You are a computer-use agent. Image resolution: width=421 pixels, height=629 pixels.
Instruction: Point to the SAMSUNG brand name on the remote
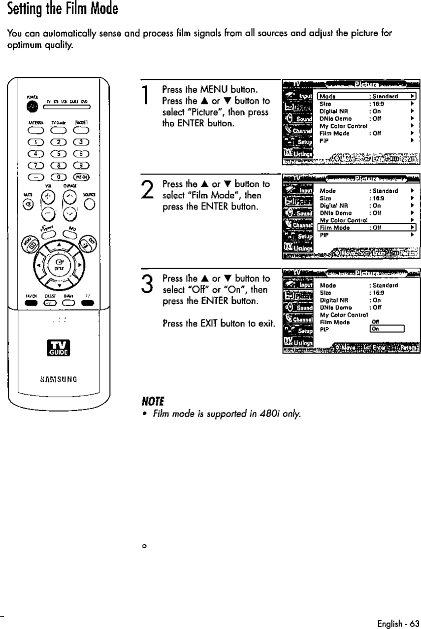(59, 379)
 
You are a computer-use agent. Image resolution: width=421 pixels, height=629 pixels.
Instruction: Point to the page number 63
(412, 623)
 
